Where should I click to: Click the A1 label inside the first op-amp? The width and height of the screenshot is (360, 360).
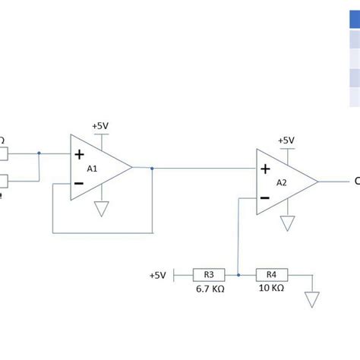coord(92,169)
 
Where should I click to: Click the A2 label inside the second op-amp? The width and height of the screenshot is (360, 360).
coord(281,182)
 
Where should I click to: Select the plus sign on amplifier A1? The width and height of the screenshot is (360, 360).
coord(79,154)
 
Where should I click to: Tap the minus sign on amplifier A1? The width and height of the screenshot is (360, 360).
coord(79,184)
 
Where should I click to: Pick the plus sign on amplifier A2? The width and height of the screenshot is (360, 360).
coord(264,169)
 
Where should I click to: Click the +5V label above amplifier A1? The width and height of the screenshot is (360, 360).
coord(100,125)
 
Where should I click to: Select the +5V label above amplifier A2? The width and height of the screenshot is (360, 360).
coord(286,141)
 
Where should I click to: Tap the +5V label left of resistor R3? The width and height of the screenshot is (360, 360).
coord(157,274)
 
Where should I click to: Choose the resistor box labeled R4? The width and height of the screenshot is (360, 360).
coord(270,274)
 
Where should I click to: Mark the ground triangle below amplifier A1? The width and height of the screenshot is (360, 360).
coord(101,210)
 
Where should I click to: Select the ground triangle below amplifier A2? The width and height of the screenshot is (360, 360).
coord(287,223)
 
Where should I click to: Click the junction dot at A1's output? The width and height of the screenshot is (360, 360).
coord(153,169)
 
